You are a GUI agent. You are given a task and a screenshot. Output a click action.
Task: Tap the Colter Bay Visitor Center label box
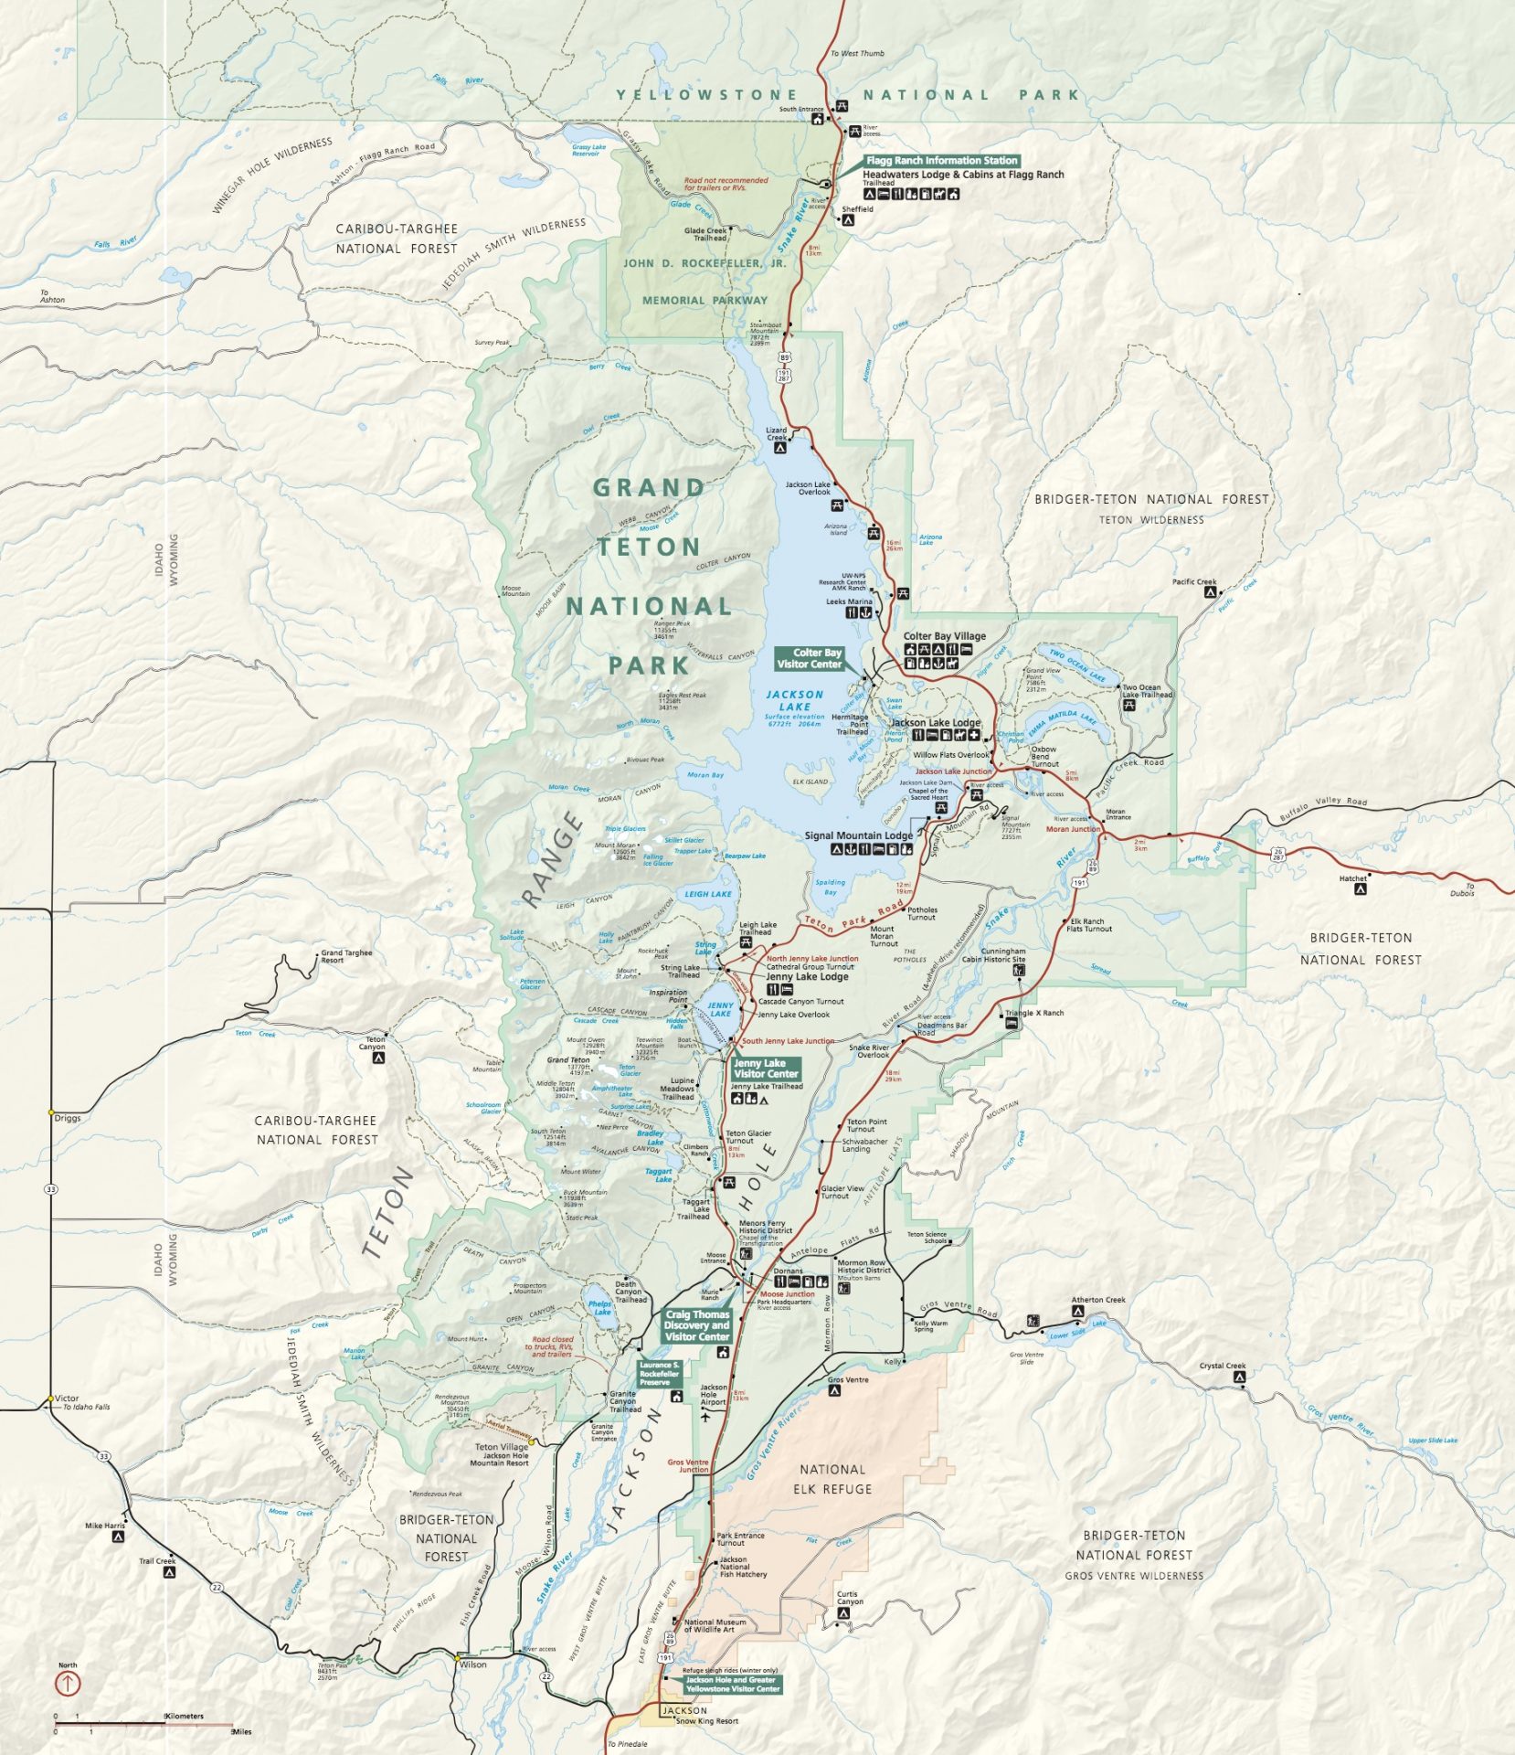[x=809, y=658]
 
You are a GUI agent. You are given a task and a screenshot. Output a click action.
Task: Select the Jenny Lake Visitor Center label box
[x=766, y=1069]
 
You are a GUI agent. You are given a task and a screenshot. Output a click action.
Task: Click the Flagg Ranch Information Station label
[x=941, y=160]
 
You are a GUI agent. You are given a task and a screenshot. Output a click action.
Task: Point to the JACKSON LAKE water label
[x=794, y=701]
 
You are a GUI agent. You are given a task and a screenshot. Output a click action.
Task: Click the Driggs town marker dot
[x=51, y=1112]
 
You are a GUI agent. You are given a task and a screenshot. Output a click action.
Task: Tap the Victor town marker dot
[x=49, y=1399]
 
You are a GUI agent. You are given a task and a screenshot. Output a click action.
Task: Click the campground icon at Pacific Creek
[x=1210, y=592]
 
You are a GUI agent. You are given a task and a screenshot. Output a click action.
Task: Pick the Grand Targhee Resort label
[x=346, y=956]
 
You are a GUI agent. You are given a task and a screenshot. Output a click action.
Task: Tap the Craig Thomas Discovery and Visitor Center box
[x=697, y=1325]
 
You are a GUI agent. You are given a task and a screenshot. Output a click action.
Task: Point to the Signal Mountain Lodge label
[x=858, y=835]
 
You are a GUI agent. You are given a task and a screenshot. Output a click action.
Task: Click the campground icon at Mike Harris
[x=118, y=1537]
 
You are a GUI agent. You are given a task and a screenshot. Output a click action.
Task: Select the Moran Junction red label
[x=1072, y=829]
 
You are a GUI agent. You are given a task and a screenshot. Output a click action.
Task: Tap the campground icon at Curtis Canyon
[x=843, y=1613]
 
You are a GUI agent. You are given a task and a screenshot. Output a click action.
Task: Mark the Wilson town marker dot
[x=457, y=1657]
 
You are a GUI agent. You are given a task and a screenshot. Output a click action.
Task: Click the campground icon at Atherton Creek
[x=1076, y=1311]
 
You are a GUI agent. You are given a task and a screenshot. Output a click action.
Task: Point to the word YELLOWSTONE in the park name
[x=706, y=95]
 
